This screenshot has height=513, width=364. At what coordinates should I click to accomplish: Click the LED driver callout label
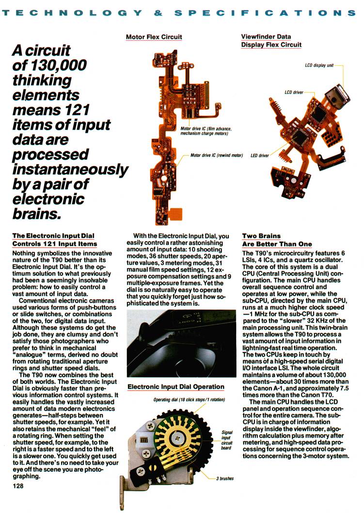[259, 156]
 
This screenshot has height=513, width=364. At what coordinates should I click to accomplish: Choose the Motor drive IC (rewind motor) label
[216, 156]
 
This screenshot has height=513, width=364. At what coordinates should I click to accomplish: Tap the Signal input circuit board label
[227, 439]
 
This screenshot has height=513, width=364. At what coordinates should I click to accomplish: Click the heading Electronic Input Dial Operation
[175, 387]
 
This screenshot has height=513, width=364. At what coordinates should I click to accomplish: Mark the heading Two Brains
[262, 236]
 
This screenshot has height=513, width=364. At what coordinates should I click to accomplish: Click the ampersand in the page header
[158, 13]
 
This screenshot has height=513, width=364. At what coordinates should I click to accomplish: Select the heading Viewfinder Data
[266, 36]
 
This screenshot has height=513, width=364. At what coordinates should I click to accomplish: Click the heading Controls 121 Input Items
[54, 244]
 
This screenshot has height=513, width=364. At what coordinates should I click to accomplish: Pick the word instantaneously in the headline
[70, 170]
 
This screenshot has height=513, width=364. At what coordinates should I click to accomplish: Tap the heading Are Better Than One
[277, 244]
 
